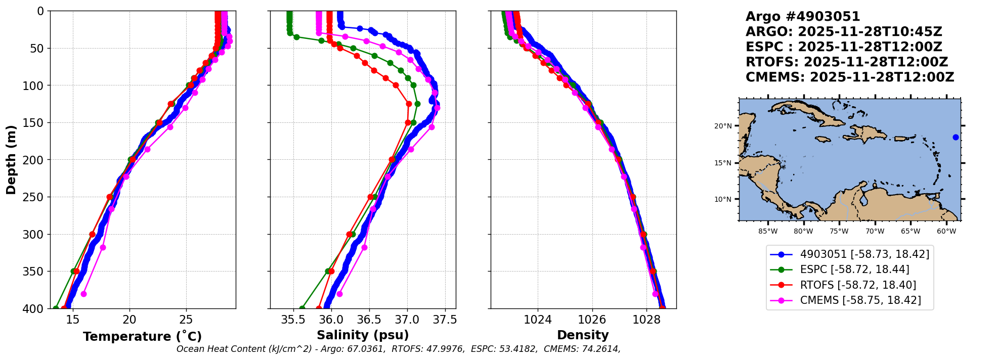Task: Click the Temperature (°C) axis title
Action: [x=142, y=337]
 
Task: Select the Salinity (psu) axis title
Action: [x=363, y=335]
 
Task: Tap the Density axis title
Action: [x=583, y=335]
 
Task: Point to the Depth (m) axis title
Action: [x=11, y=160]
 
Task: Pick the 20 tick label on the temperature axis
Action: [x=129, y=320]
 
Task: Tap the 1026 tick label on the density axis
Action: [x=592, y=320]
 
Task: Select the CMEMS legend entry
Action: [x=860, y=300]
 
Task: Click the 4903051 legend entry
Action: [x=864, y=254]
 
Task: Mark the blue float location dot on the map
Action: [x=956, y=137]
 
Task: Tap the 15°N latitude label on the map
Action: [x=723, y=163]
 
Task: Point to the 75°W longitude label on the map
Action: [x=839, y=232]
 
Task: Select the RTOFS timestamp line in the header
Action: [x=846, y=62]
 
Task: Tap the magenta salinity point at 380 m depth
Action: [x=339, y=294]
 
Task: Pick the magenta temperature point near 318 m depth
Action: [x=103, y=247]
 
